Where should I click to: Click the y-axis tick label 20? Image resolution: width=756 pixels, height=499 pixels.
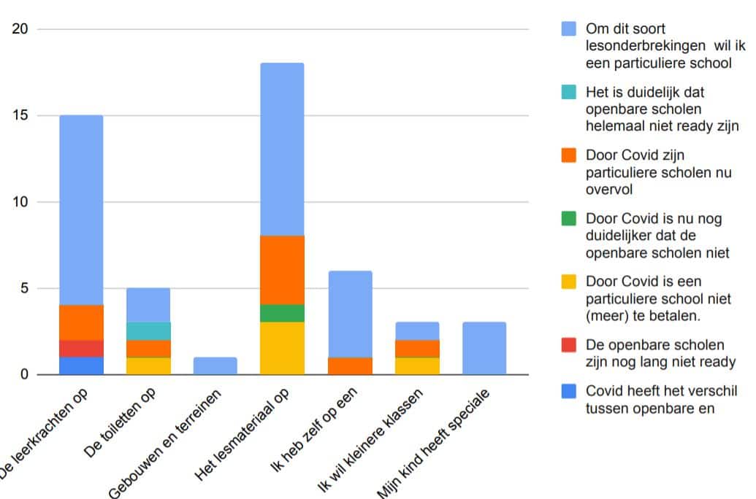coord(20,30)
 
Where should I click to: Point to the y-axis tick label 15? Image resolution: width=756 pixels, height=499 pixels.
coord(20,116)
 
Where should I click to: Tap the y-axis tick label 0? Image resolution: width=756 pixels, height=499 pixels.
coord(23,375)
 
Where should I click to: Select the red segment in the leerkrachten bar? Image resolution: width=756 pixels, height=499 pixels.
coord(81,349)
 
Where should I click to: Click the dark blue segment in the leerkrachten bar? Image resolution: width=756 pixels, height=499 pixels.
coord(81,366)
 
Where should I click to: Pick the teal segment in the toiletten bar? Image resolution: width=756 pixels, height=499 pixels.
coord(148,331)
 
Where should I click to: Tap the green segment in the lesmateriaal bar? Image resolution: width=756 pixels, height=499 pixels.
coord(282,314)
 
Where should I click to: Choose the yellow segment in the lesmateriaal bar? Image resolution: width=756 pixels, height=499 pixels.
coord(282,349)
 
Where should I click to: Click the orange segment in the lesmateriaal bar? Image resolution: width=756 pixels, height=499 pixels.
coord(282,270)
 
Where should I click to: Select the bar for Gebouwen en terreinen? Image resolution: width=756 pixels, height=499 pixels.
coord(215,366)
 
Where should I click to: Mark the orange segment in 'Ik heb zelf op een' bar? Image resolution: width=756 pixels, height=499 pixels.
coord(350,366)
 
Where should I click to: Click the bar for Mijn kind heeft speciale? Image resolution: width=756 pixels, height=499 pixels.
coord(484,349)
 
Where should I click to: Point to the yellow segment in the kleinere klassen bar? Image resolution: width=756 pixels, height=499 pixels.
coord(417,366)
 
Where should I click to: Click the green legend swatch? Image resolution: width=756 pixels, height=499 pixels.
coord(569,218)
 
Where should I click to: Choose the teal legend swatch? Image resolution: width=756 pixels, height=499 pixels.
coord(569,93)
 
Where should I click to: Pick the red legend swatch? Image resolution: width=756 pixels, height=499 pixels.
coord(569,344)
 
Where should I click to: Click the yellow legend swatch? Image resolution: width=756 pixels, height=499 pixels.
coord(569,282)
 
